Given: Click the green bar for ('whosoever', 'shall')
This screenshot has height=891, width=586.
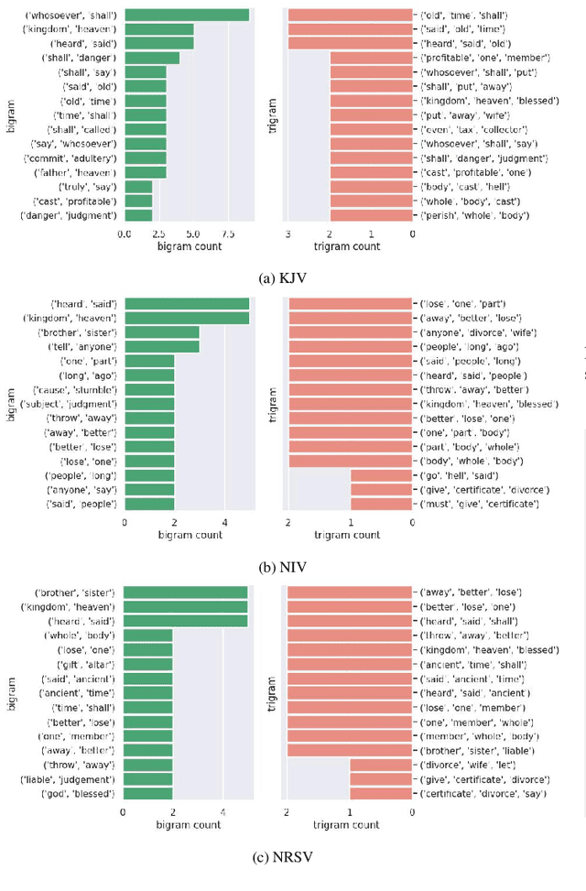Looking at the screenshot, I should tap(187, 15).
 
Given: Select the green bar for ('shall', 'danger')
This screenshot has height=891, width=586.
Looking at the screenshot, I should tap(152, 58).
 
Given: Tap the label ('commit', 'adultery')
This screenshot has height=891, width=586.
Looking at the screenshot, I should tap(82, 158).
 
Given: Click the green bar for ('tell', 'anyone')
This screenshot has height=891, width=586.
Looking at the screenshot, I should tap(162, 347).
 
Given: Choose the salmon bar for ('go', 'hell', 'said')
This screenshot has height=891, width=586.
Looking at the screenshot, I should tap(381, 476).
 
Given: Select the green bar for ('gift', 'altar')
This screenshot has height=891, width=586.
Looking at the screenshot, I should tap(147, 664).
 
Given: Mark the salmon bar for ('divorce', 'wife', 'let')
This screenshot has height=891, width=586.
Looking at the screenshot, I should tap(381, 764).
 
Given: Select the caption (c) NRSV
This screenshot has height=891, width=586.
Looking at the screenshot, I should tap(293, 857).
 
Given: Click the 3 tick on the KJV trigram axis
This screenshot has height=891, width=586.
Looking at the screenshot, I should tap(288, 234).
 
